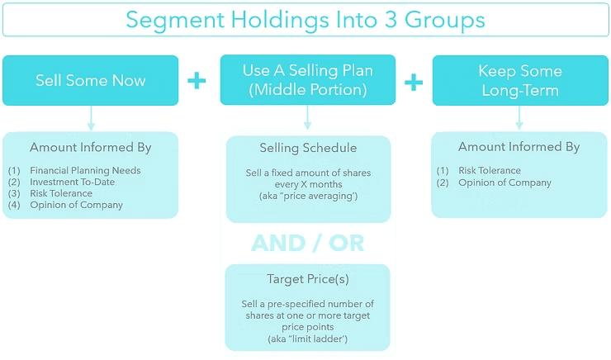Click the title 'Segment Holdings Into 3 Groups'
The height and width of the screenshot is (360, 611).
pos(305,19)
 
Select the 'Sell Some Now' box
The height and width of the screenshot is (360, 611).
pos(91,80)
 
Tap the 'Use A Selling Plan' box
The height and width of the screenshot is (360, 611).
pos(308,80)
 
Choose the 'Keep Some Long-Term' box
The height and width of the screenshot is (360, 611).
pos(519,80)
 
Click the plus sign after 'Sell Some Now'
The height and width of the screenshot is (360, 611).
pos(197,81)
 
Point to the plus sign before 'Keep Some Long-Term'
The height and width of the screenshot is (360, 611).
pos(414,81)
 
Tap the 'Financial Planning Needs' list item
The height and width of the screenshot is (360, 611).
pos(85,171)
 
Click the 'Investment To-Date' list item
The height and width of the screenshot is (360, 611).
pos(73,182)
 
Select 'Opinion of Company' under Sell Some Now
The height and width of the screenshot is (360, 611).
pos(76,205)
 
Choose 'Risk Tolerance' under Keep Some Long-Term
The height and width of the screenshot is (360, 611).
pos(490,171)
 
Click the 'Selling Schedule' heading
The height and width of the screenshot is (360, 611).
pos(308,149)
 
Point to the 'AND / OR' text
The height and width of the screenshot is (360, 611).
pos(308,244)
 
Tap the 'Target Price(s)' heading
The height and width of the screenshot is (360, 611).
pos(308,280)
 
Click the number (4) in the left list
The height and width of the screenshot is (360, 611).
pos(14,205)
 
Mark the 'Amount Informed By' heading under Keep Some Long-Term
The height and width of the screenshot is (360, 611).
pos(519,147)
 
